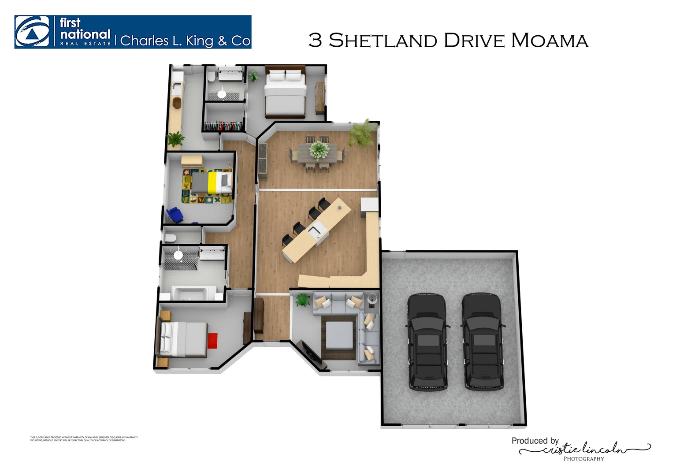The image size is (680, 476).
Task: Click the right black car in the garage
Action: (482, 342)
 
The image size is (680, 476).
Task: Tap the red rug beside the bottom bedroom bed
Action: (212, 340)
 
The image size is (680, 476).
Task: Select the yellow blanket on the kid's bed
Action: (212, 182)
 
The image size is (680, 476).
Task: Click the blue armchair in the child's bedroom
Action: (175, 215)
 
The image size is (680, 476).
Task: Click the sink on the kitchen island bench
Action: (316, 230)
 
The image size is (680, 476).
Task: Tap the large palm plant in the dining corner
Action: (362, 132)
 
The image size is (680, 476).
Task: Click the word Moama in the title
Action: (549, 41)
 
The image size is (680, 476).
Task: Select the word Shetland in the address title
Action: (383, 41)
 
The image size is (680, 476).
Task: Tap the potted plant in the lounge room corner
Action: (302, 300)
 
